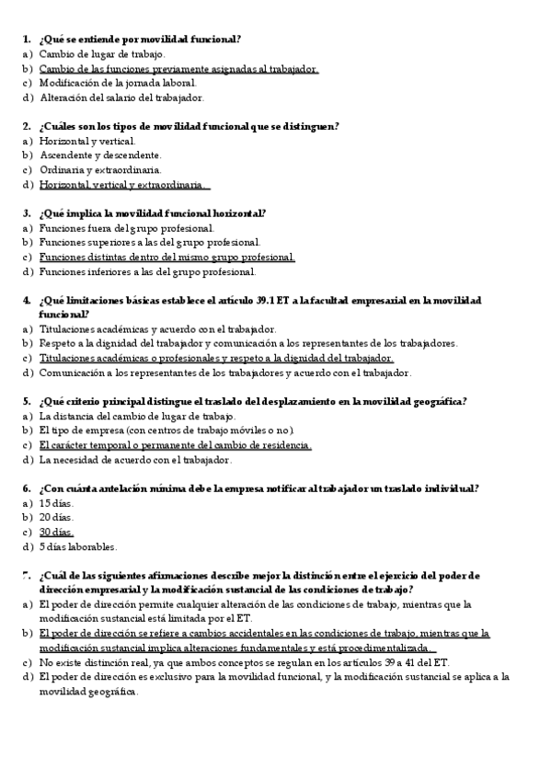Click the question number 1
click(x=26, y=40)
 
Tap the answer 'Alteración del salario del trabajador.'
click(x=121, y=97)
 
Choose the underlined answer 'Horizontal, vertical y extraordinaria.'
click(x=123, y=184)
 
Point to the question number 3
click(x=26, y=213)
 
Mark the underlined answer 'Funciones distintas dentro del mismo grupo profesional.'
click(x=166, y=257)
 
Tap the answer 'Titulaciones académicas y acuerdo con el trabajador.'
click(x=156, y=329)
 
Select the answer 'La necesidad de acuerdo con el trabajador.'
click(x=135, y=460)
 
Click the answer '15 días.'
click(x=56, y=504)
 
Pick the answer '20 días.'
click(x=56, y=518)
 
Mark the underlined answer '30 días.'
click(x=56, y=533)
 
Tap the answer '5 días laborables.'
click(x=77, y=547)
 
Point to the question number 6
click(x=26, y=489)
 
